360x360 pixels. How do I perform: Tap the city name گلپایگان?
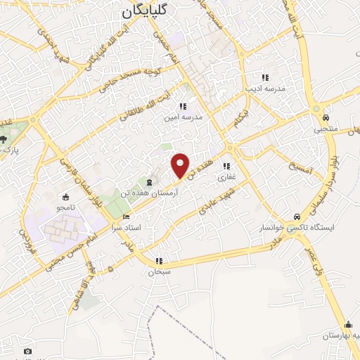click(146, 10)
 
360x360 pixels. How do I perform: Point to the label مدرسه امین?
click(183, 117)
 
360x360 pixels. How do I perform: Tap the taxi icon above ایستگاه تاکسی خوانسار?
click(297, 217)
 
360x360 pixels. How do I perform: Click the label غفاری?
click(226, 177)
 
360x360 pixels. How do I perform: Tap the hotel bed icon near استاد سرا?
click(127, 217)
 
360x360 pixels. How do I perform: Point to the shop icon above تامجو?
click(65, 196)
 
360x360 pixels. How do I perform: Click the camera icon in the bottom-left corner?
click(27, 351)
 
